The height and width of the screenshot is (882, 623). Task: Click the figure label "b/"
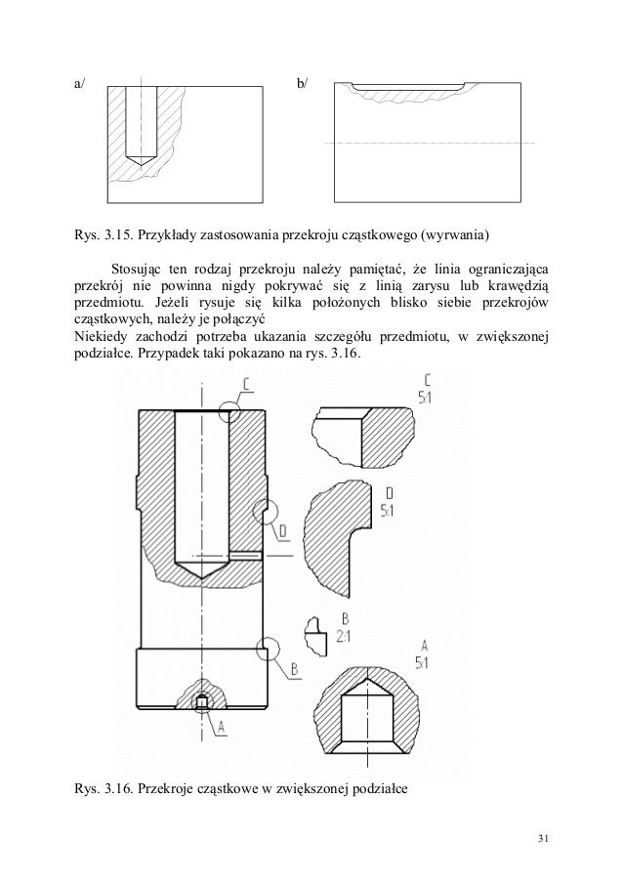pyautogui.click(x=300, y=84)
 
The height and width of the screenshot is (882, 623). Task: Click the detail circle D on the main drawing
pyautogui.click(x=264, y=513)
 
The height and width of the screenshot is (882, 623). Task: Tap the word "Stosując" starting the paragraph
pyautogui.click(x=138, y=268)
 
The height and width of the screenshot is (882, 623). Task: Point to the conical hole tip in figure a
pyautogui.click(x=142, y=159)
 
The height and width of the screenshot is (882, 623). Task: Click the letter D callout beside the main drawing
pyautogui.click(x=281, y=531)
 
